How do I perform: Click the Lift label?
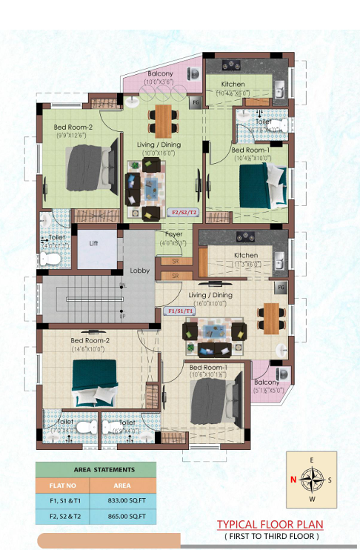point(94,242)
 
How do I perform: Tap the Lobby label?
point(140,271)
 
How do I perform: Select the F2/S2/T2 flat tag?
point(184,212)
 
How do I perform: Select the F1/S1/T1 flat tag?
point(177,311)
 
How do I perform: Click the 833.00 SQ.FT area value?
point(124,500)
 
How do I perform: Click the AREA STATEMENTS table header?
point(104,470)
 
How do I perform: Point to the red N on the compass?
point(293,480)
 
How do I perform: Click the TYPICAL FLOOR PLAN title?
point(270,525)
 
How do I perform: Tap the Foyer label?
point(173,234)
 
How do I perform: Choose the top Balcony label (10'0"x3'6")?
point(160,73)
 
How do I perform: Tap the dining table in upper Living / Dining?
point(162,117)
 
